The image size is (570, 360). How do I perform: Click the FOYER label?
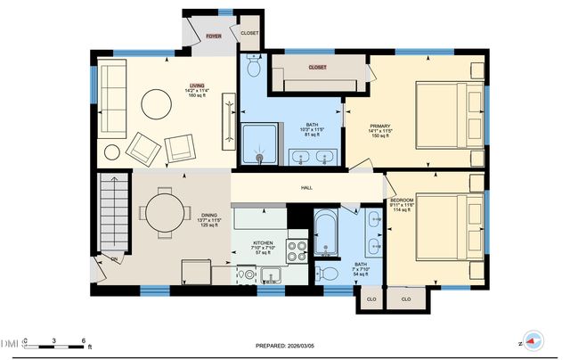pos(214,37)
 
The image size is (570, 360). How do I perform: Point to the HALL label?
pos(306,188)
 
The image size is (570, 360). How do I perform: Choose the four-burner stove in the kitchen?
pos(297,249)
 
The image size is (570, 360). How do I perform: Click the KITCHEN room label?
pos(263,242)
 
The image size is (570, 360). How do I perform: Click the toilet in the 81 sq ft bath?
pos(253,68)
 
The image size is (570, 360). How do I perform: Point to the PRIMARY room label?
pos(381,126)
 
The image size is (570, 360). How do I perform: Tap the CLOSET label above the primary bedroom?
pos(317,67)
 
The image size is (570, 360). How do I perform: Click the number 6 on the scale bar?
pos(83,341)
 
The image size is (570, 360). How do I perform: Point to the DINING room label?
pos(209,215)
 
